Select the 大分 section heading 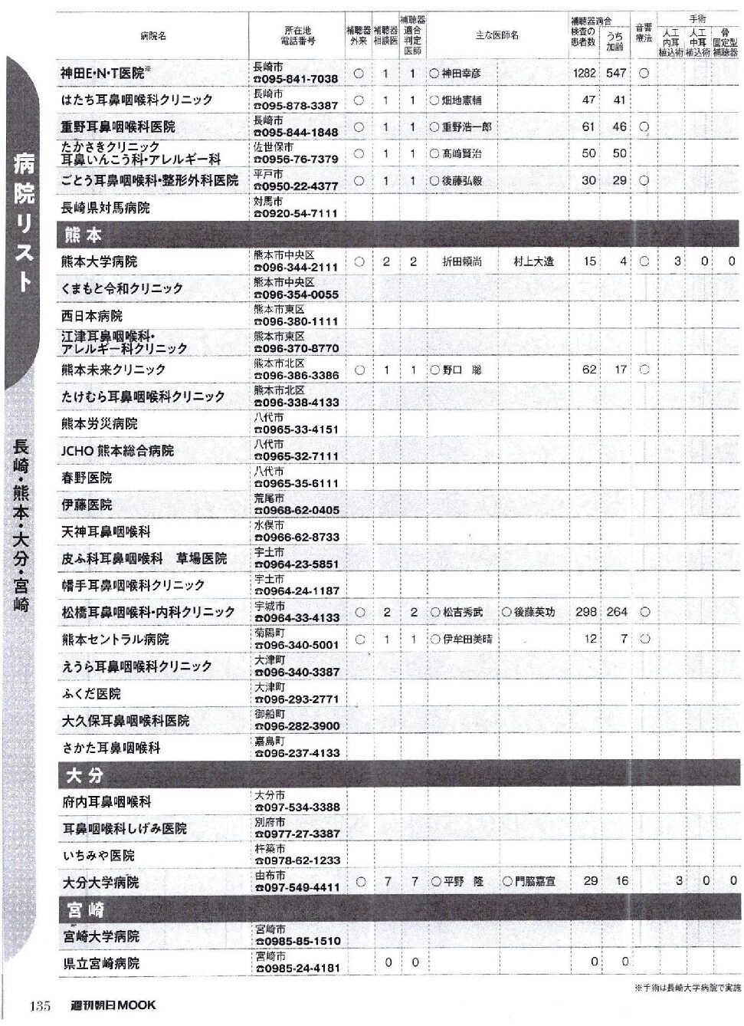click(84, 775)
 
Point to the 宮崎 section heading click(85, 910)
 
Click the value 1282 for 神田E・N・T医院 click(584, 74)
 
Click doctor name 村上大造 click(533, 261)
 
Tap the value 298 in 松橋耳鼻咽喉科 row click(586, 612)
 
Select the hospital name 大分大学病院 click(100, 883)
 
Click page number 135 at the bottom click(40, 1005)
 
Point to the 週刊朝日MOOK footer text click(112, 1005)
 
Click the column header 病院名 click(153, 36)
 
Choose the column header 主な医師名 click(497, 35)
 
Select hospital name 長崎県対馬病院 click(106, 208)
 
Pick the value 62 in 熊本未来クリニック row click(588, 370)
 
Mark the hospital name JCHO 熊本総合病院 click(117, 451)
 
